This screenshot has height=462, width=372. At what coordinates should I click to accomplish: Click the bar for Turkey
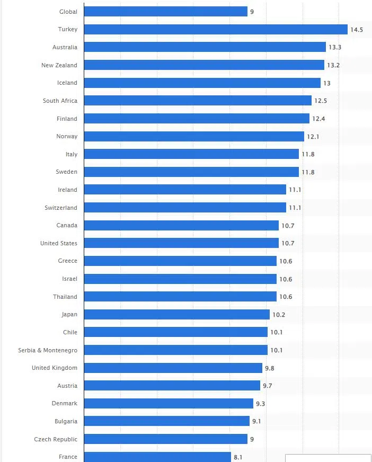pos(215,30)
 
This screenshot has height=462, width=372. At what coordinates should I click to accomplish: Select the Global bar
pos(165,12)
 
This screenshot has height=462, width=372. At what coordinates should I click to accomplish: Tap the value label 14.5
pos(357,30)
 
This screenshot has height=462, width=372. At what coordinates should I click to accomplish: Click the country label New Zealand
pos(59,65)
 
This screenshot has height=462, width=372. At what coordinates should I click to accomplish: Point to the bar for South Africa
pos(197,101)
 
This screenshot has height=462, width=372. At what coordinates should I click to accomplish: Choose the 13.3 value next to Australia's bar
pos(335,48)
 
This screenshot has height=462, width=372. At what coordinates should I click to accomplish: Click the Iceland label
pos(67,83)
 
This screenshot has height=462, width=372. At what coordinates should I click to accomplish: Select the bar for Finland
pos(196,119)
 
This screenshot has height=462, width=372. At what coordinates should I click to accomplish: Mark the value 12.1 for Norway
pos(313,137)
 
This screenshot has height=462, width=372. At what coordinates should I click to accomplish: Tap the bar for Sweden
pos(191,172)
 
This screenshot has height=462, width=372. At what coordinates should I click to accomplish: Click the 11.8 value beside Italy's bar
pos(308,154)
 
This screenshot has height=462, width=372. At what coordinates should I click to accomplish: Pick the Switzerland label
pos(61,208)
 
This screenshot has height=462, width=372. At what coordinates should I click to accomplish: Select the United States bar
pos(181,243)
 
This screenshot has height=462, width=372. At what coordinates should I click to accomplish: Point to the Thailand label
pos(65,297)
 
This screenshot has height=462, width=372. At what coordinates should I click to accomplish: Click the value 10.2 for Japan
pos(279,315)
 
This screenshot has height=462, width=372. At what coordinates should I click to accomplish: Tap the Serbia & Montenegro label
pos(48,350)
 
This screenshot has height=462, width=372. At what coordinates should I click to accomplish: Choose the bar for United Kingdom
pos(173,368)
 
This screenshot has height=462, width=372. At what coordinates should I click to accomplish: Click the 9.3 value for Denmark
pos(260,404)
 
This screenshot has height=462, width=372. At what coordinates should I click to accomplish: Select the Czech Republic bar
pos(165,439)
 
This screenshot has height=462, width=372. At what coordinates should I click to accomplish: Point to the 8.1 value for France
pos(238,457)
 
